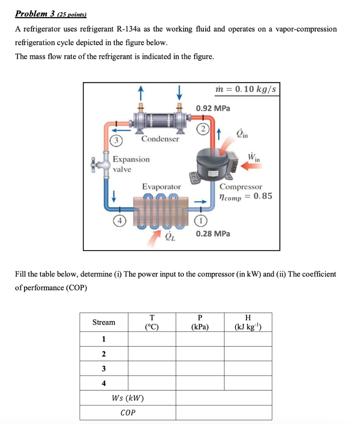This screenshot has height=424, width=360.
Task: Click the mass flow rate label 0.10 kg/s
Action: click(246, 89)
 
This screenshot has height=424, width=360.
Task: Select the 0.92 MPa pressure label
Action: click(213, 108)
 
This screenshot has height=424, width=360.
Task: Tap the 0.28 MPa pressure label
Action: click(213, 234)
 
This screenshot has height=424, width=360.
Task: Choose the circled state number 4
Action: click(118, 220)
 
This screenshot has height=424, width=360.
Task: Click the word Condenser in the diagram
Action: click(160, 139)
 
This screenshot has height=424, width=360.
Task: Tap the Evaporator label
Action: click(162, 187)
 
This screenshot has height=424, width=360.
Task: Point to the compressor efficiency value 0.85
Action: click(263, 196)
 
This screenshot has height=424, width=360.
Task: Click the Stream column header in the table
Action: click(104, 322)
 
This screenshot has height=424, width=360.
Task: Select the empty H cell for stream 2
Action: click(248, 354)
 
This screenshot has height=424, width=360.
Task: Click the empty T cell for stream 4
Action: click(152, 383)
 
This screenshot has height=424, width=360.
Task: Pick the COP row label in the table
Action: click(128, 413)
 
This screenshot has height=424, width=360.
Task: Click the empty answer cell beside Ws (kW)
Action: click(224, 398)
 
